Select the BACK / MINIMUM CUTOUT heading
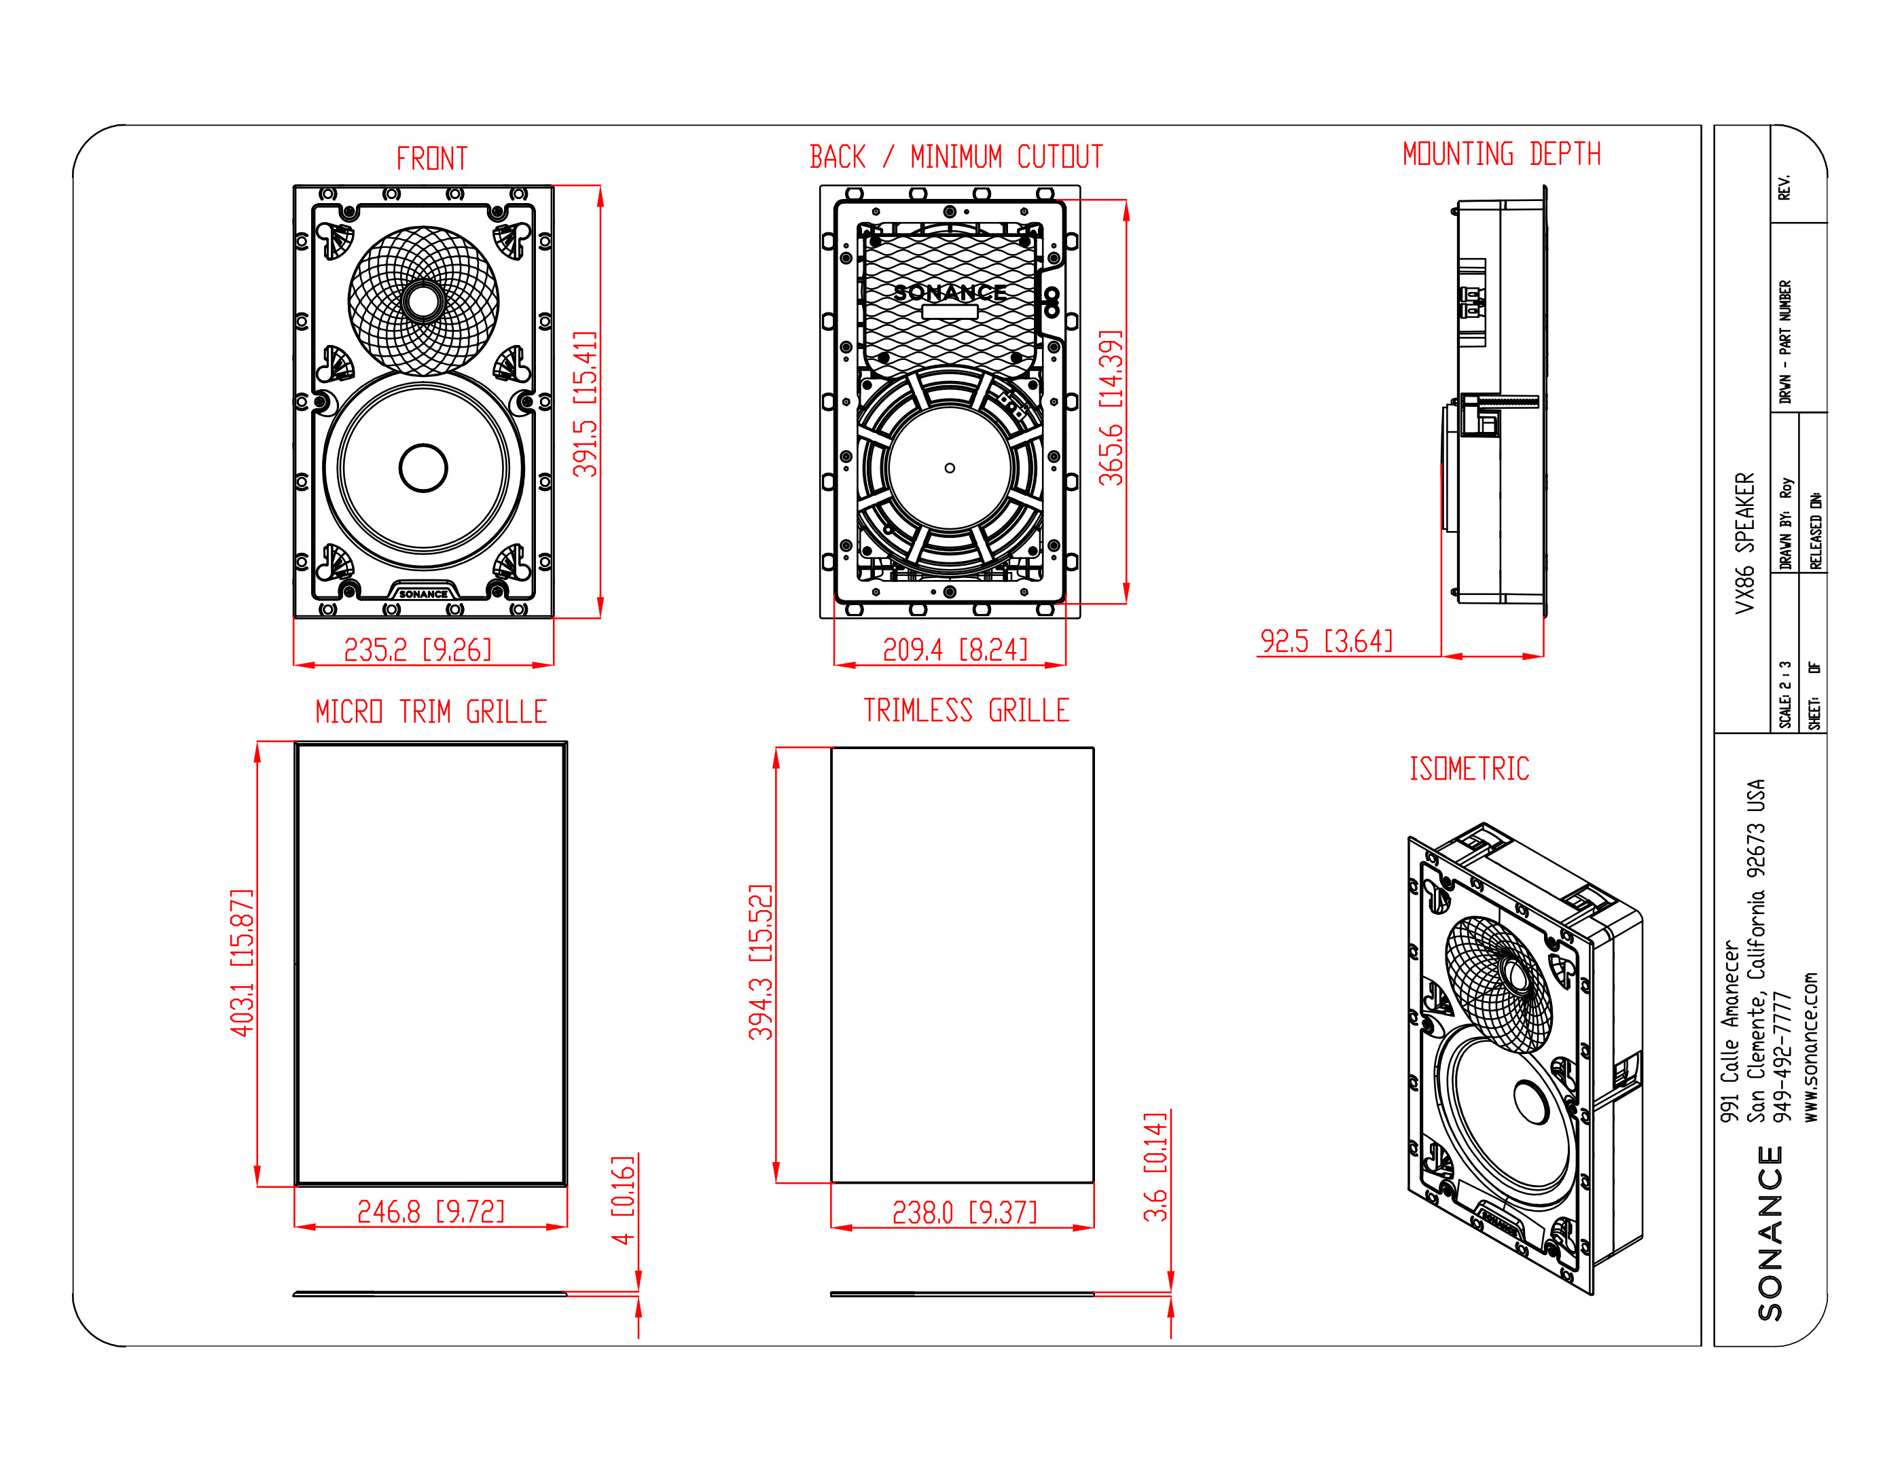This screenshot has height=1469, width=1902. pyautogui.click(x=956, y=158)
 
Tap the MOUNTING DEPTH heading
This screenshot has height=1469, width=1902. pyautogui.click(x=1501, y=154)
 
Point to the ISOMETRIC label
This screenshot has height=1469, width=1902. pyautogui.click(x=1469, y=769)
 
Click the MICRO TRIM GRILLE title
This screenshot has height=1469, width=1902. pyautogui.click(x=431, y=712)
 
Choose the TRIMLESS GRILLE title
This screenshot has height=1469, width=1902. pyautogui.click(x=966, y=710)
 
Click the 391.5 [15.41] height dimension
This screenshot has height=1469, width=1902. pyautogui.click(x=586, y=404)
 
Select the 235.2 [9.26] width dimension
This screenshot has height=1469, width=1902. pyautogui.click(x=418, y=649)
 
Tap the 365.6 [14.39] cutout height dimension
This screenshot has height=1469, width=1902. pyautogui.click(x=1111, y=407)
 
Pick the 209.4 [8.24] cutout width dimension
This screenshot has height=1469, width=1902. pyautogui.click(x=955, y=649)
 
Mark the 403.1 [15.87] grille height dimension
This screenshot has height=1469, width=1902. pyautogui.click(x=242, y=962)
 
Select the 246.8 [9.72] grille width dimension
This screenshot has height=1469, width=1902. pyautogui.click(x=431, y=1211)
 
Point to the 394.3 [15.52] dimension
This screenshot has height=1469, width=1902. pyautogui.click(x=760, y=962)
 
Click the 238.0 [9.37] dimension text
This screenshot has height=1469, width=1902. pyautogui.click(x=964, y=1212)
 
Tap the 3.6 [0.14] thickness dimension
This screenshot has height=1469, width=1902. pyautogui.click(x=1155, y=1167)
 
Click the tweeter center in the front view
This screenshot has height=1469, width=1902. pyautogui.click(x=423, y=302)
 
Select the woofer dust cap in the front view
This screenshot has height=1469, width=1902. pyautogui.click(x=423, y=468)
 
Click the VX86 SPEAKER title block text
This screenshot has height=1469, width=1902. pyautogui.click(x=1744, y=543)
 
